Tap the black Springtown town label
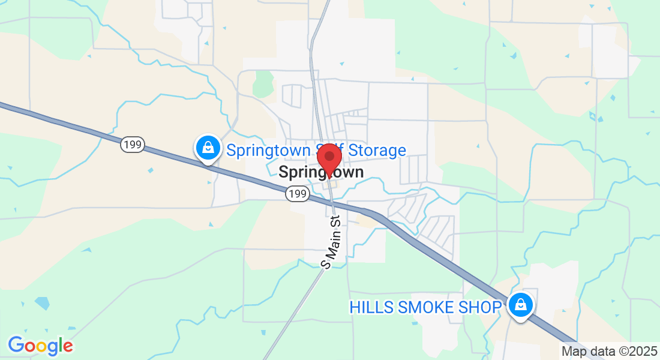[x=321, y=172]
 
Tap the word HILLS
[x=371, y=307]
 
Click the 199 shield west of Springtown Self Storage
[x=131, y=144]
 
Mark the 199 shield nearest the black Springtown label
[x=297, y=193]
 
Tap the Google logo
[x=40, y=346]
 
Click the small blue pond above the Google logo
[x=42, y=302]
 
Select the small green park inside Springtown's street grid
[x=263, y=84]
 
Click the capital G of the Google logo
[x=16, y=345]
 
